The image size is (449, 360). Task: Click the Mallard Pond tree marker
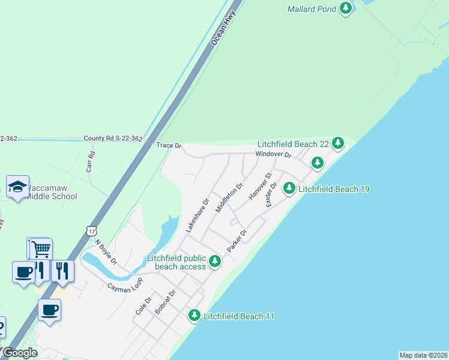(x=345, y=8)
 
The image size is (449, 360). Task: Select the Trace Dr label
(x=169, y=145)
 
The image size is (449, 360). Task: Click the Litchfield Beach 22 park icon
(x=339, y=143)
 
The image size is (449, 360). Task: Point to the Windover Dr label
(x=273, y=155)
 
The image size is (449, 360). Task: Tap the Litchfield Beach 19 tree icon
(x=289, y=188)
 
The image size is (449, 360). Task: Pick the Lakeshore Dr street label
(x=196, y=215)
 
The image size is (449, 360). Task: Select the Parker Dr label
(x=237, y=241)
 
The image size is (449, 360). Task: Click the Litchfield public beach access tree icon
(x=215, y=261)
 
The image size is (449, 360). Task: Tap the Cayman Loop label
(x=125, y=284)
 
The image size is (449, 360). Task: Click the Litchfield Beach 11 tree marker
(x=194, y=314)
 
